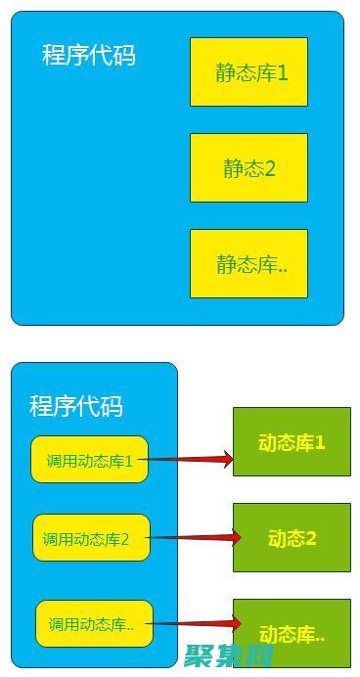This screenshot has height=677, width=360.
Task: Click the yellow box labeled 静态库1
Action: click(x=248, y=71)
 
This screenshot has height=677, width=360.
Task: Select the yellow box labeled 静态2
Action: click(x=248, y=167)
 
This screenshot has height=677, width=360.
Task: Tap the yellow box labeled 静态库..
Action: click(x=248, y=263)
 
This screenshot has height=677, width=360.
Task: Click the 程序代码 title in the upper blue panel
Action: click(x=88, y=55)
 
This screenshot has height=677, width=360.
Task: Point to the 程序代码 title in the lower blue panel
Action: click(x=76, y=405)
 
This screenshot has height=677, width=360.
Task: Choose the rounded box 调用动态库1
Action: click(x=89, y=460)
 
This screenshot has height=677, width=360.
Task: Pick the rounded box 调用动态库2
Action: click(x=91, y=538)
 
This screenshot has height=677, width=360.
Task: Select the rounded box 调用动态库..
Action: click(x=95, y=623)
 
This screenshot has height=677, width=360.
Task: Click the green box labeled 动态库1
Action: click(x=292, y=442)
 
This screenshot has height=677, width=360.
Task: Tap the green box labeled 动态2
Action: click(x=292, y=537)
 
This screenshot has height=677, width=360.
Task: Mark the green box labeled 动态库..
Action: click(x=292, y=632)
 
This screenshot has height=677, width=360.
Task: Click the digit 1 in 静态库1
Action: click(x=283, y=72)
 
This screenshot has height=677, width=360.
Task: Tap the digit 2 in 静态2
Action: click(x=270, y=168)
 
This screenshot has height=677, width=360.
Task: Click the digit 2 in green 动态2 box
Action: click(x=311, y=538)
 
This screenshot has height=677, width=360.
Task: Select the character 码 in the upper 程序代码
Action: click(x=123, y=55)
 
